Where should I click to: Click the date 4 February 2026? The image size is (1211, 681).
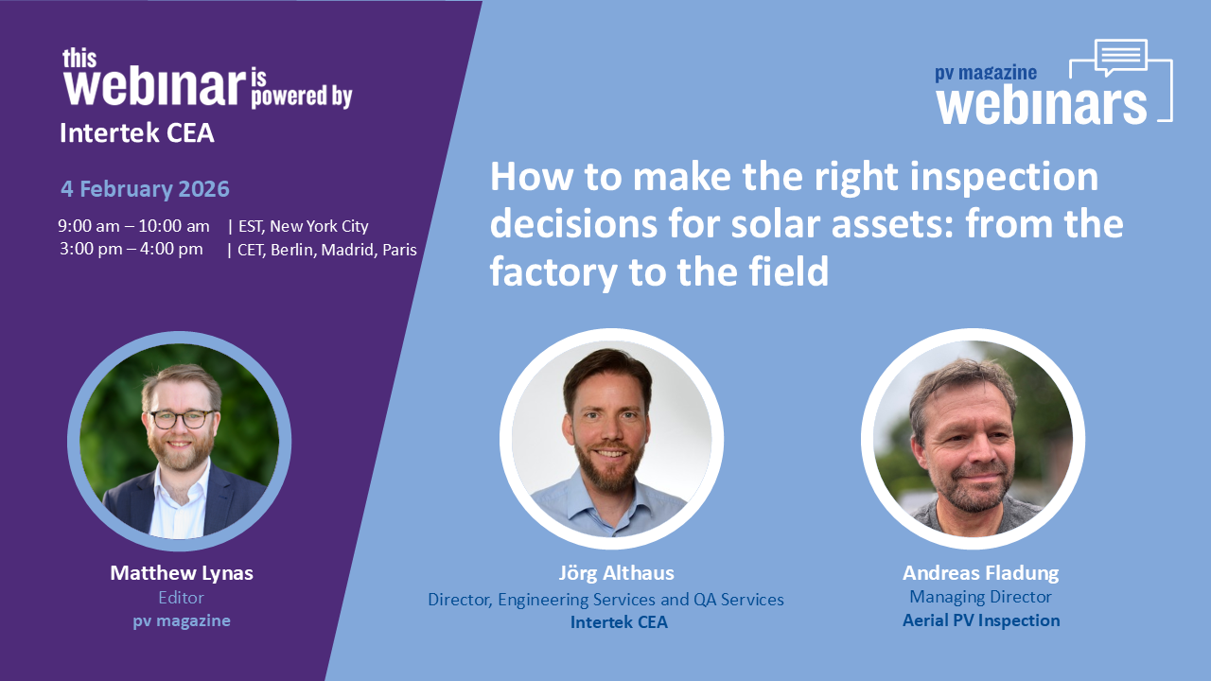145,188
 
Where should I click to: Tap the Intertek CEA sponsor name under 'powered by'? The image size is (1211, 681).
137,133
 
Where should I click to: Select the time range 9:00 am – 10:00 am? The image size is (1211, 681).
133,226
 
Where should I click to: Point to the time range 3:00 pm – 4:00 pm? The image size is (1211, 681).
131,249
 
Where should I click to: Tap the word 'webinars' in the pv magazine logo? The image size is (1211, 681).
1041,104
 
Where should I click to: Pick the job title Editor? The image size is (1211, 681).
181,597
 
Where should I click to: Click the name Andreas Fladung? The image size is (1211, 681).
980,572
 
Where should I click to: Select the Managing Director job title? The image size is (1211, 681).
980,597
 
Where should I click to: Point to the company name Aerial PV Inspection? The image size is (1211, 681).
980,620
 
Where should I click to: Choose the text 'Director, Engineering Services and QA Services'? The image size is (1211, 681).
605,599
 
